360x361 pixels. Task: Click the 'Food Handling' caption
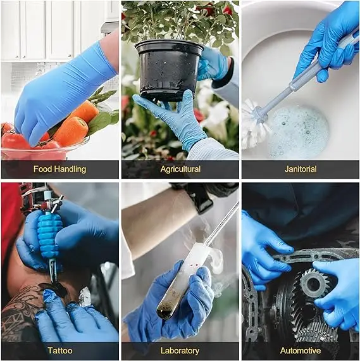pos(59,169)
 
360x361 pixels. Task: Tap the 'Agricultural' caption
pos(180,169)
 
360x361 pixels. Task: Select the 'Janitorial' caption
pos(300,169)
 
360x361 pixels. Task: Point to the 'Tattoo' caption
pos(59,350)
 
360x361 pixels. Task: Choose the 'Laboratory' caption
pos(180,350)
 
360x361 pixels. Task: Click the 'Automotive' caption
pos(300,350)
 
